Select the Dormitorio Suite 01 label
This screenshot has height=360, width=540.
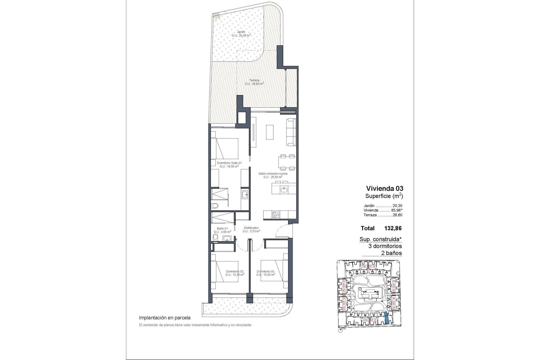pyautogui.click(x=229, y=163)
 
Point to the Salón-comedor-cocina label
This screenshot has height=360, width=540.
pyautogui.click(x=273, y=174)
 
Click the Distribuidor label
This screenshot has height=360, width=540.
pyautogui.click(x=251, y=228)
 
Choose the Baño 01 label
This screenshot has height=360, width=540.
pyautogui.click(x=222, y=228)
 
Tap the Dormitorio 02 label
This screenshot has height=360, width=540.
pyautogui.click(x=235, y=271)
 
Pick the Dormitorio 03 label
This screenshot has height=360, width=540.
pyautogui.click(x=265, y=271)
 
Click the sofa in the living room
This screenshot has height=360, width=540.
pyautogui.click(x=291, y=132)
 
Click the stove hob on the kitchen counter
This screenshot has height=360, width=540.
pyautogui.click(x=276, y=215)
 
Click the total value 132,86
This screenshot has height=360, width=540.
pyautogui.click(x=393, y=228)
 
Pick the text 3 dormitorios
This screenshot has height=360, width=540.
pyautogui.click(x=385, y=246)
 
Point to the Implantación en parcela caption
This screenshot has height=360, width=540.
pyautogui.click(x=165, y=318)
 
